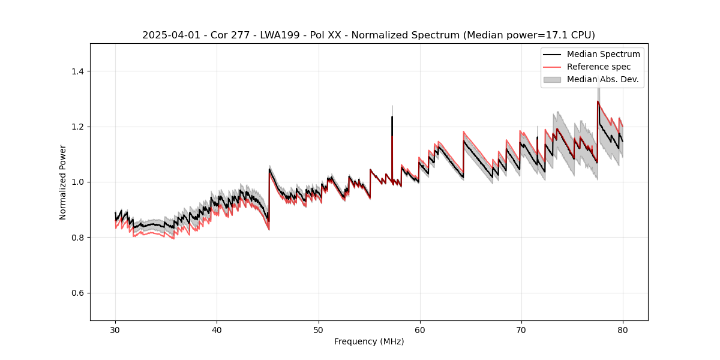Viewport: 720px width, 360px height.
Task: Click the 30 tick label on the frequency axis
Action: (x=115, y=329)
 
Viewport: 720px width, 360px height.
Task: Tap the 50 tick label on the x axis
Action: (x=318, y=329)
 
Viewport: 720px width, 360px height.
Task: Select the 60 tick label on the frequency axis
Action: (x=419, y=329)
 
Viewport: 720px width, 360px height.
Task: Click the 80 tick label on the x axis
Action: (x=623, y=329)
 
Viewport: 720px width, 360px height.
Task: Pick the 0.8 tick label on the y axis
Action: (x=79, y=238)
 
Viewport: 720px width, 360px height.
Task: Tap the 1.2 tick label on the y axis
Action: (x=79, y=127)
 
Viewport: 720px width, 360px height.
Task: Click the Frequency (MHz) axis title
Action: (x=369, y=341)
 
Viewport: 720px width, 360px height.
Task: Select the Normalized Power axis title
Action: (x=63, y=182)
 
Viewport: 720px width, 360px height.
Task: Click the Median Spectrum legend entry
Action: (x=603, y=54)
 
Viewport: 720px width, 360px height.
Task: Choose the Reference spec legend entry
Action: (x=599, y=67)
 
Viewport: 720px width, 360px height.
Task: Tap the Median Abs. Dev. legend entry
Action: (x=603, y=79)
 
